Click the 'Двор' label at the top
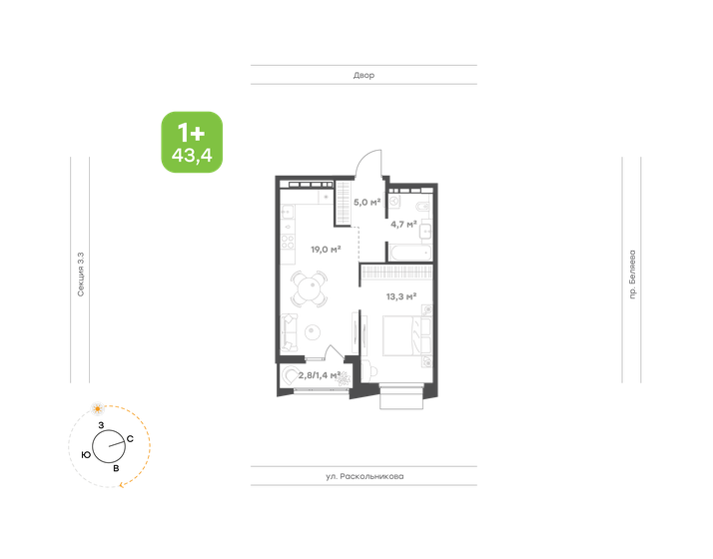coord(363,76)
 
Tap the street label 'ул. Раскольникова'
coord(363,477)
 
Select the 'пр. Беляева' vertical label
coord(633,277)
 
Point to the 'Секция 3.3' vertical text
coord(80,275)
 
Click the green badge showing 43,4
coord(192,142)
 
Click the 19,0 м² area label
coord(326,250)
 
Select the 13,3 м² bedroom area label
coord(400,295)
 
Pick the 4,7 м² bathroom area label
coord(403,224)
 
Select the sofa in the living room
coord(288,330)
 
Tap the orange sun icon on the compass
coord(98,408)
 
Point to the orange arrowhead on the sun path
coord(121,485)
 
